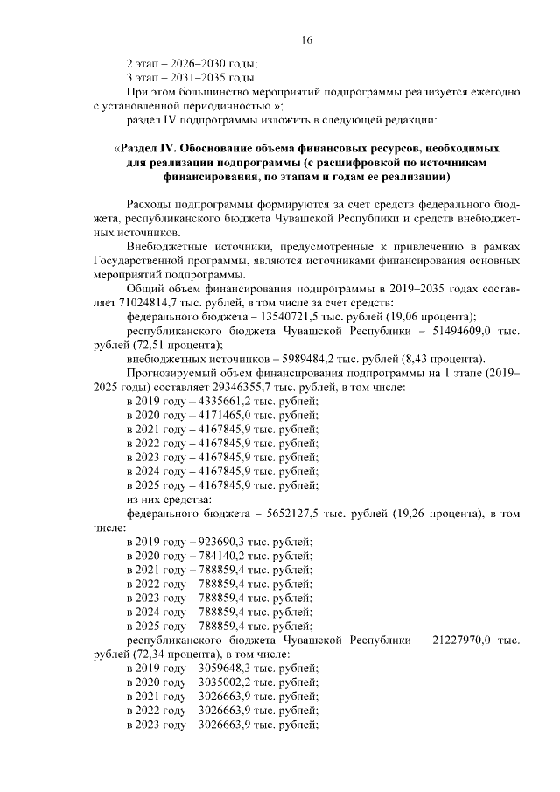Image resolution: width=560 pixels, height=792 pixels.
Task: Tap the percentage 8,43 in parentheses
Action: tap(436, 357)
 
